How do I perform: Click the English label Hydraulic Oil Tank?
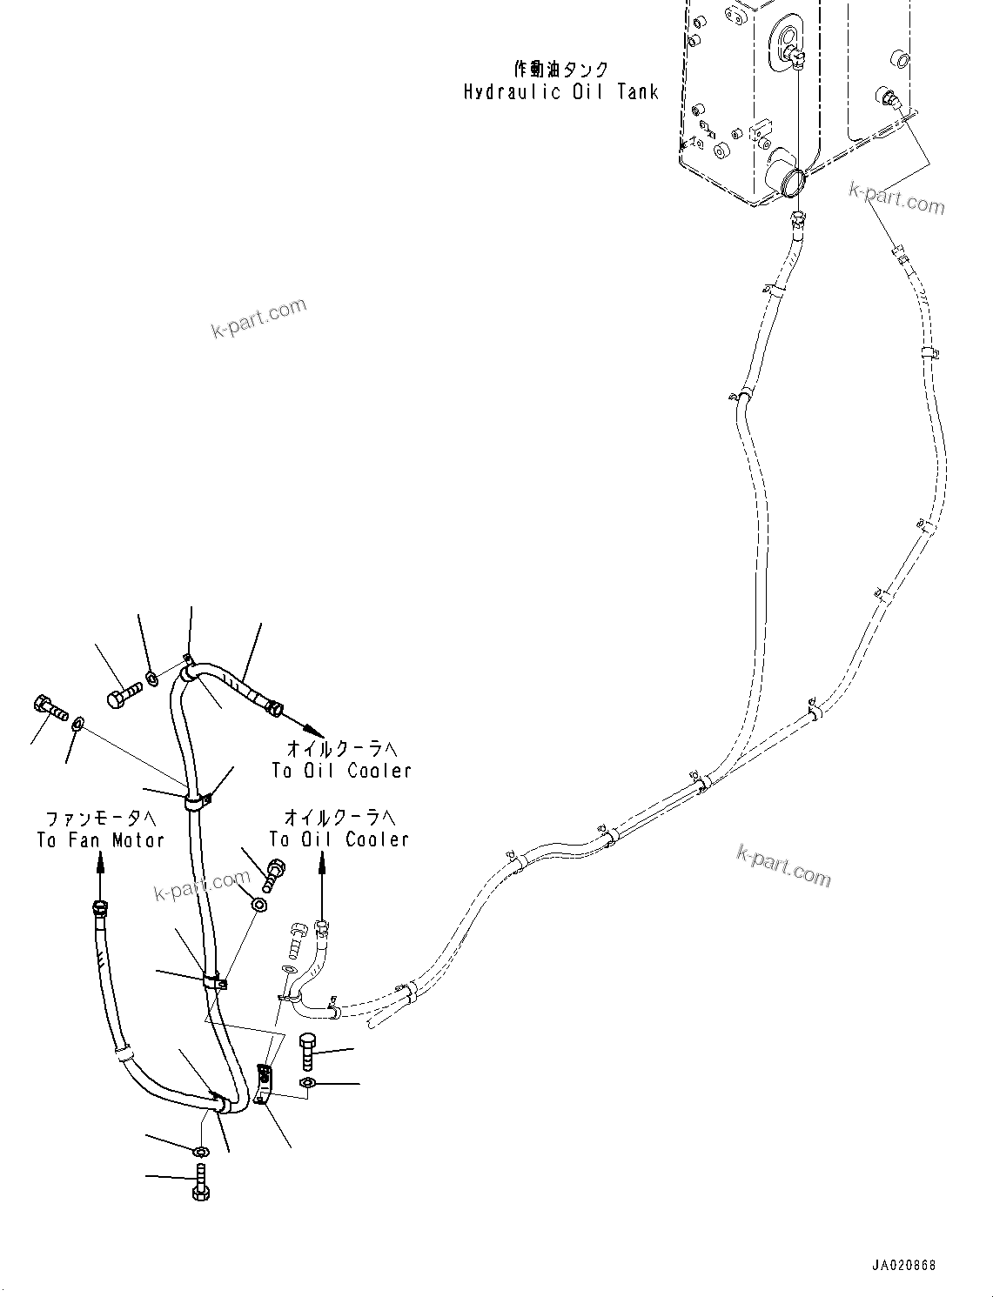coord(560,92)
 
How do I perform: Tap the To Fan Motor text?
coord(100,840)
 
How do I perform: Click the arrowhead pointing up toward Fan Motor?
coord(100,861)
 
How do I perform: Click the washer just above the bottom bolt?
coord(200,1153)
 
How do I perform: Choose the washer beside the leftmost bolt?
coord(79,722)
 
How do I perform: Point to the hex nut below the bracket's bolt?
coord(305,1082)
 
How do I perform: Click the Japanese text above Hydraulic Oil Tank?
coord(560,70)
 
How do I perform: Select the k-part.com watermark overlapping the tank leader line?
coord(896,199)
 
